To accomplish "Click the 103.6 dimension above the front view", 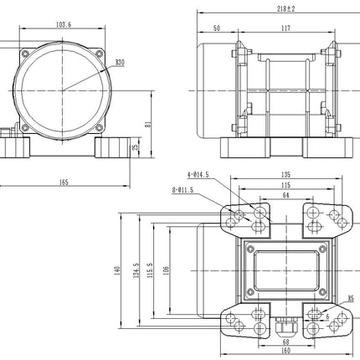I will pyautogui.click(x=62, y=25).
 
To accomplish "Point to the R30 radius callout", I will pyautogui.click(x=120, y=62).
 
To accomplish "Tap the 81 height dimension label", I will pyautogui.click(x=147, y=125).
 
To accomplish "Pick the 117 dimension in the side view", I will pyautogui.click(x=285, y=28).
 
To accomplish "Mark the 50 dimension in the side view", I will pyautogui.click(x=216, y=28).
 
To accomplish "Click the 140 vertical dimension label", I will pyautogui.click(x=118, y=270).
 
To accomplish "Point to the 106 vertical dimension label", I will pyautogui.click(x=167, y=270).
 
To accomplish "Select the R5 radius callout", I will pyautogui.click(x=350, y=297).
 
